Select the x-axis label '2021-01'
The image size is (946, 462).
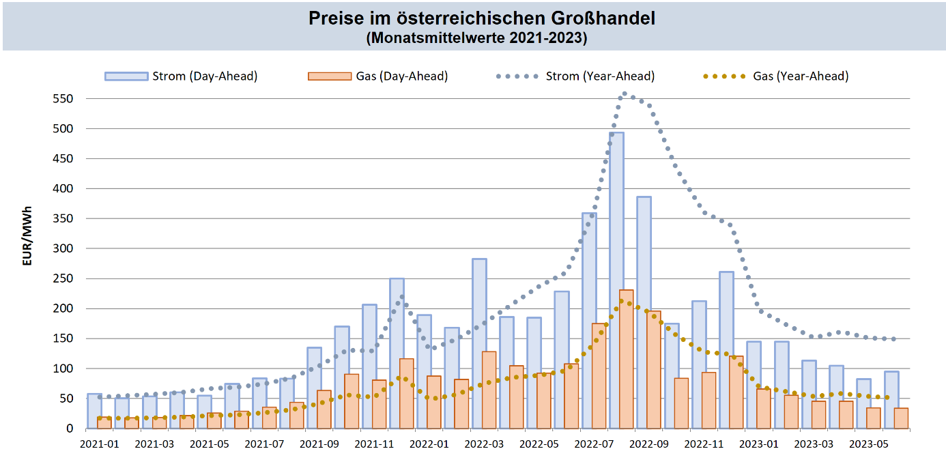tap(100, 443)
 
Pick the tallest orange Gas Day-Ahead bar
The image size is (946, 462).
tap(627, 359)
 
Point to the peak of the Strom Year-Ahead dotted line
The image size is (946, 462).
tap(625, 94)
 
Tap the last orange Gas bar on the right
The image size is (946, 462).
tap(901, 418)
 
